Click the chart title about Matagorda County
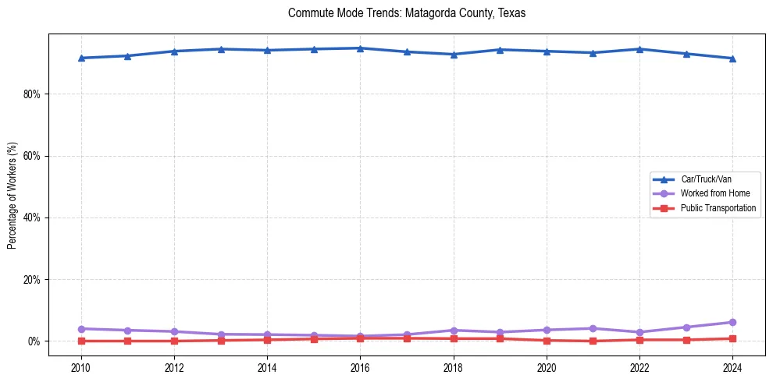point(407,13)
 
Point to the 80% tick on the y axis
point(32,94)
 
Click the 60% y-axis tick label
point(32,156)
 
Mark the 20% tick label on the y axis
point(32,279)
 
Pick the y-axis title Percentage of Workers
point(12,195)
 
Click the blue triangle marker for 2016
point(360,48)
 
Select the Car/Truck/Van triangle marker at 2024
point(732,58)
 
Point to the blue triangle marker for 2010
point(81,58)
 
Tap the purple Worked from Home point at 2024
point(732,322)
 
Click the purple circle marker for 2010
point(81,329)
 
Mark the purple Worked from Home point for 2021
point(593,328)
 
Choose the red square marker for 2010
point(81,341)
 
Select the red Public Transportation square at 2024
point(732,338)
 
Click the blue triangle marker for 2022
point(639,49)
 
